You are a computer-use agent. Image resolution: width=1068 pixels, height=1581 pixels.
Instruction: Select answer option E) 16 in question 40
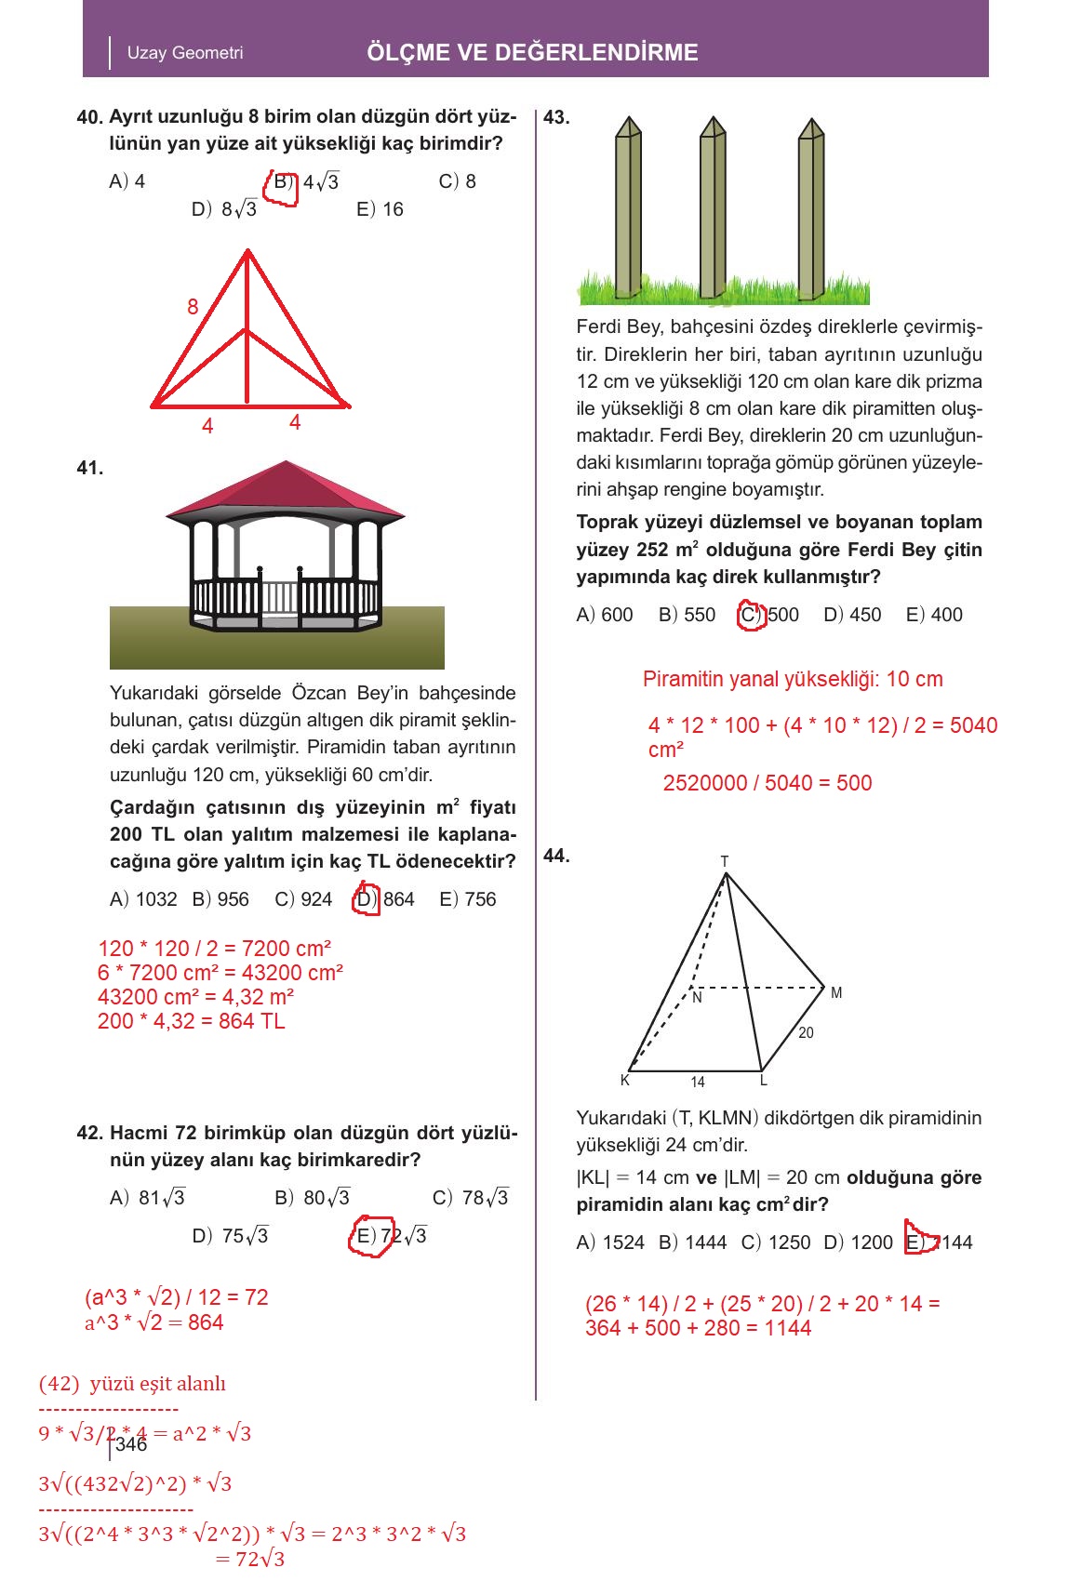click(380, 209)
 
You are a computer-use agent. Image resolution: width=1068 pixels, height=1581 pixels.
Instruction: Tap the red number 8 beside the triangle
click(193, 307)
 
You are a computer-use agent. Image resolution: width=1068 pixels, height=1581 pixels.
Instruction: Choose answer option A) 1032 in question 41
click(143, 899)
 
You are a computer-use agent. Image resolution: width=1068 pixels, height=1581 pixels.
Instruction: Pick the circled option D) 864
click(385, 899)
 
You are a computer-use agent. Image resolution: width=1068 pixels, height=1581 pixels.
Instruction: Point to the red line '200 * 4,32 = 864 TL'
click(191, 1021)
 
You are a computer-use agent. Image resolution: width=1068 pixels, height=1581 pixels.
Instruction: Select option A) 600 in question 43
click(605, 615)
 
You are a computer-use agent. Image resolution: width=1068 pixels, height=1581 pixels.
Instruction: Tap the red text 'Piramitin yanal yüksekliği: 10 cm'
click(793, 679)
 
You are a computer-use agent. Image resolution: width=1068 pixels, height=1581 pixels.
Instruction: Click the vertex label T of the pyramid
click(725, 861)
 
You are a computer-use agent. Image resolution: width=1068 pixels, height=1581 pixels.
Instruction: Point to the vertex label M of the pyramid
click(836, 993)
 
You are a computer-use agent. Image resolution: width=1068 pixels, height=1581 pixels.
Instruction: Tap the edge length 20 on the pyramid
click(806, 1033)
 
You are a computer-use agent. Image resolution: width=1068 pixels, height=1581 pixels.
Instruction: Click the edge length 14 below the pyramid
click(698, 1082)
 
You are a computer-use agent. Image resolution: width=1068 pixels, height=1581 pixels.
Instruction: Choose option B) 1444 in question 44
click(692, 1242)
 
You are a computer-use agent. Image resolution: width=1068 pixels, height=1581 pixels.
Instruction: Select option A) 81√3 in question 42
click(148, 1198)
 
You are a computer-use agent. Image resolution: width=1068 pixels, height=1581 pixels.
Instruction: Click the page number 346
click(131, 1444)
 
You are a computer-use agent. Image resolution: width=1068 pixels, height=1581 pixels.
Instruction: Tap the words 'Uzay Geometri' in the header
click(185, 53)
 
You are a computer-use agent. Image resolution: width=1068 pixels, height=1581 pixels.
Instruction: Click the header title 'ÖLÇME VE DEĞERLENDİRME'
click(532, 52)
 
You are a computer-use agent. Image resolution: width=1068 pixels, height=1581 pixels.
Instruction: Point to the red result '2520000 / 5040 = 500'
click(768, 783)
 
